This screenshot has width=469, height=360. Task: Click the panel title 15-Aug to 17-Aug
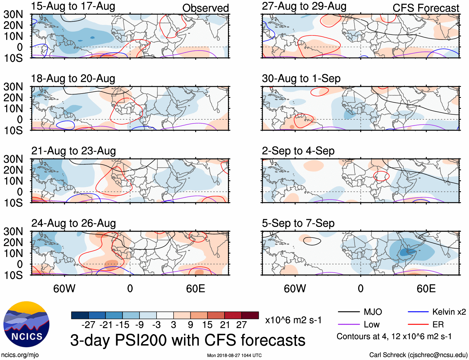(x=73, y=6)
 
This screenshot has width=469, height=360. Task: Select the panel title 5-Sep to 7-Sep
(x=298, y=223)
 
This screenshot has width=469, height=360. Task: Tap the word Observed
(x=205, y=8)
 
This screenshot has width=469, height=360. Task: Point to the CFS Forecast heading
(x=426, y=8)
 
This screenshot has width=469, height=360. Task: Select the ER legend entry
(x=438, y=325)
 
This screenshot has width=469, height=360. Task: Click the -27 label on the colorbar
(x=89, y=325)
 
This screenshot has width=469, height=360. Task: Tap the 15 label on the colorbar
(x=207, y=325)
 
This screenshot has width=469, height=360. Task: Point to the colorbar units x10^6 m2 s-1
(x=293, y=320)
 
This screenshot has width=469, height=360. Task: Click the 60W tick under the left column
(x=64, y=288)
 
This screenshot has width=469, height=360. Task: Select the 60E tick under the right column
(x=426, y=288)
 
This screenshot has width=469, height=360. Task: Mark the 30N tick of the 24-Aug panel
(x=13, y=231)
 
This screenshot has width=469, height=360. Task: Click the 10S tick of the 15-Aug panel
(x=13, y=58)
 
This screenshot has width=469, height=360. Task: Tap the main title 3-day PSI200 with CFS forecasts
(x=188, y=340)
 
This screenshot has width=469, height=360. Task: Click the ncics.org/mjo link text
(x=20, y=355)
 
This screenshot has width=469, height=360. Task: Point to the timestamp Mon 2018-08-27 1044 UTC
(x=234, y=355)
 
